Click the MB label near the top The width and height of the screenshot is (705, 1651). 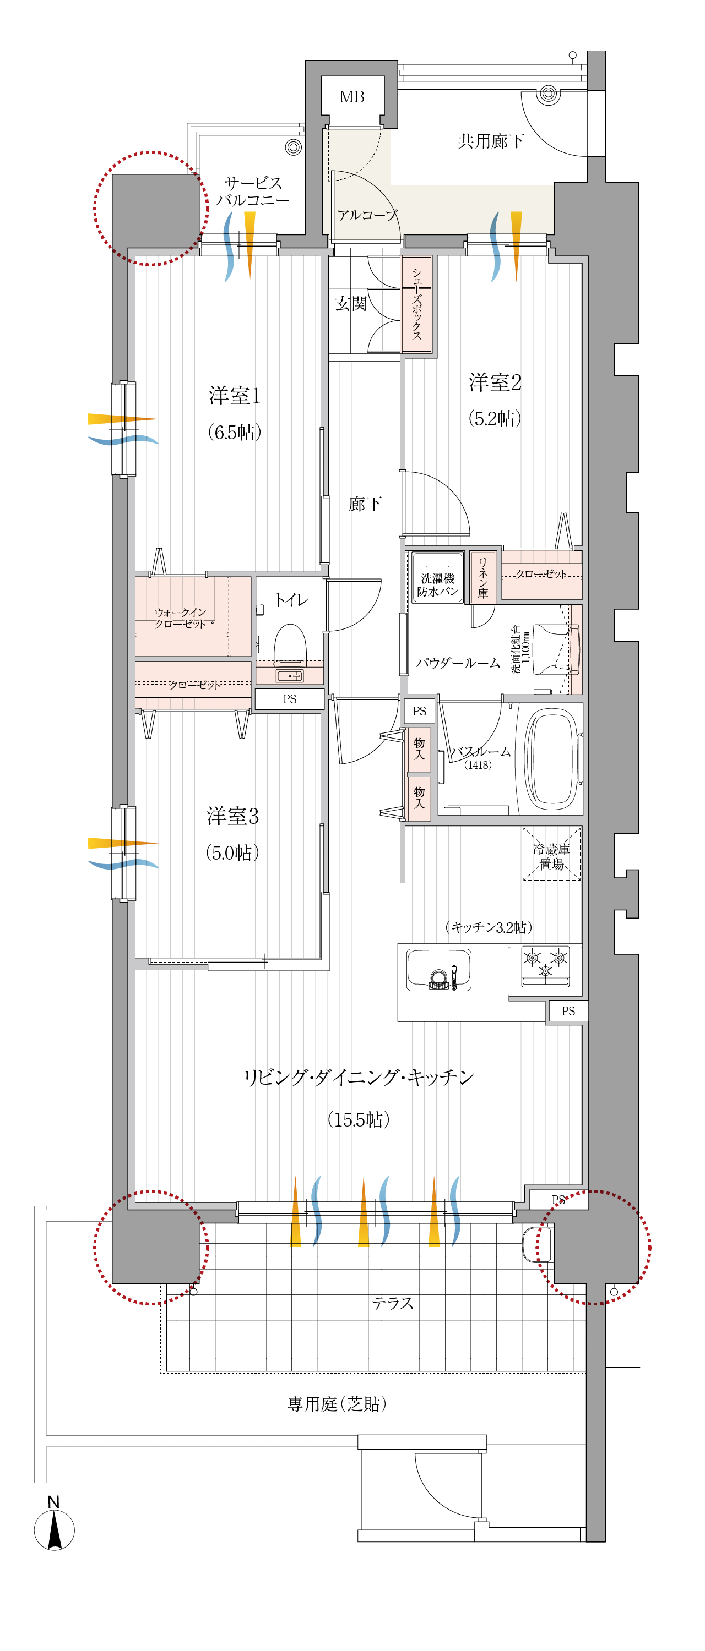tap(351, 97)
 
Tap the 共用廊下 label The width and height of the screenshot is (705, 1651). tap(491, 141)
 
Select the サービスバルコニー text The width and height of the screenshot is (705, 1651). tap(253, 191)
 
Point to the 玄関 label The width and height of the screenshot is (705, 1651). tap(351, 303)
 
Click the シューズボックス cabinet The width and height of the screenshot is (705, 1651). tap(416, 304)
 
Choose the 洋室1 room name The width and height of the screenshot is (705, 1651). tap(235, 396)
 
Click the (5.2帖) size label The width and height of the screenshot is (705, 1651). tap(495, 418)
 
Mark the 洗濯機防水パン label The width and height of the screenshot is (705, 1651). tap(437, 584)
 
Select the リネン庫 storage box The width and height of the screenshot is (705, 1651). tap(482, 577)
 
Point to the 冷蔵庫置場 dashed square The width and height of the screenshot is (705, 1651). tap(552, 854)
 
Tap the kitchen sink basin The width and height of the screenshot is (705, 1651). tap(438, 969)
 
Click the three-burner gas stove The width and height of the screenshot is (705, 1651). tap(545, 966)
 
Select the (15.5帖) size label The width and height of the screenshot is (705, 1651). tap(359, 1119)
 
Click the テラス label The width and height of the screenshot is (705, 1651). tap(392, 1302)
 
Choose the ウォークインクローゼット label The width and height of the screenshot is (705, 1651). tap(180, 618)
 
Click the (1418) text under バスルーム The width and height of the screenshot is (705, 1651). tap(478, 764)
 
